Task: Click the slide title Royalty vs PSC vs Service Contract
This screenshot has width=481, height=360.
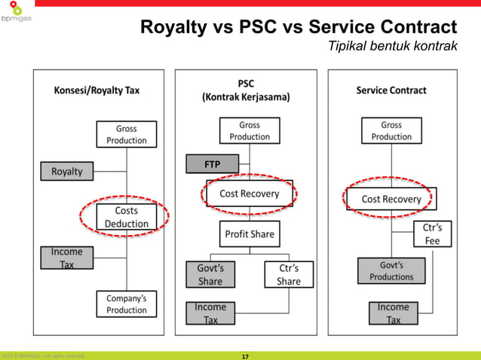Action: click(x=299, y=29)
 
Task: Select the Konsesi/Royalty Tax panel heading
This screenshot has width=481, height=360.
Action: click(x=97, y=90)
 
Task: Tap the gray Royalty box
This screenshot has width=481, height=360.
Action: click(x=67, y=172)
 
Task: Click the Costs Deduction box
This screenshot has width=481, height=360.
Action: click(x=127, y=217)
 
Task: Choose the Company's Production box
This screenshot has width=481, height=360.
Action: click(x=127, y=304)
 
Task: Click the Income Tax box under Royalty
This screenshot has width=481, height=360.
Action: click(x=67, y=258)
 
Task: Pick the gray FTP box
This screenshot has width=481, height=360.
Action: click(x=213, y=163)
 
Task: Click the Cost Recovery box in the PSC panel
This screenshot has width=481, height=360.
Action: click(x=250, y=194)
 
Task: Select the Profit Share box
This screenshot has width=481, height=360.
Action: click(x=250, y=234)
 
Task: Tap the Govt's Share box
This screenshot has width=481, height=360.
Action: click(x=210, y=274)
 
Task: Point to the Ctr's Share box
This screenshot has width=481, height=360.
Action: click(x=288, y=274)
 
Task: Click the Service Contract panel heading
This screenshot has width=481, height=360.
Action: click(x=391, y=90)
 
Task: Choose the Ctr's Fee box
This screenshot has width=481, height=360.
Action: click(x=432, y=234)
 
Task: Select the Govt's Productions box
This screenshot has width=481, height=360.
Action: click(x=391, y=270)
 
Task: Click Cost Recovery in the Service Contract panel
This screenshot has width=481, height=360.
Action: click(x=391, y=199)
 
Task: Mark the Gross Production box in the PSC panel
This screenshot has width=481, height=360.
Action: click(x=250, y=130)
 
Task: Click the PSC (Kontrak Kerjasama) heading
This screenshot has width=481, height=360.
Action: click(x=246, y=90)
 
